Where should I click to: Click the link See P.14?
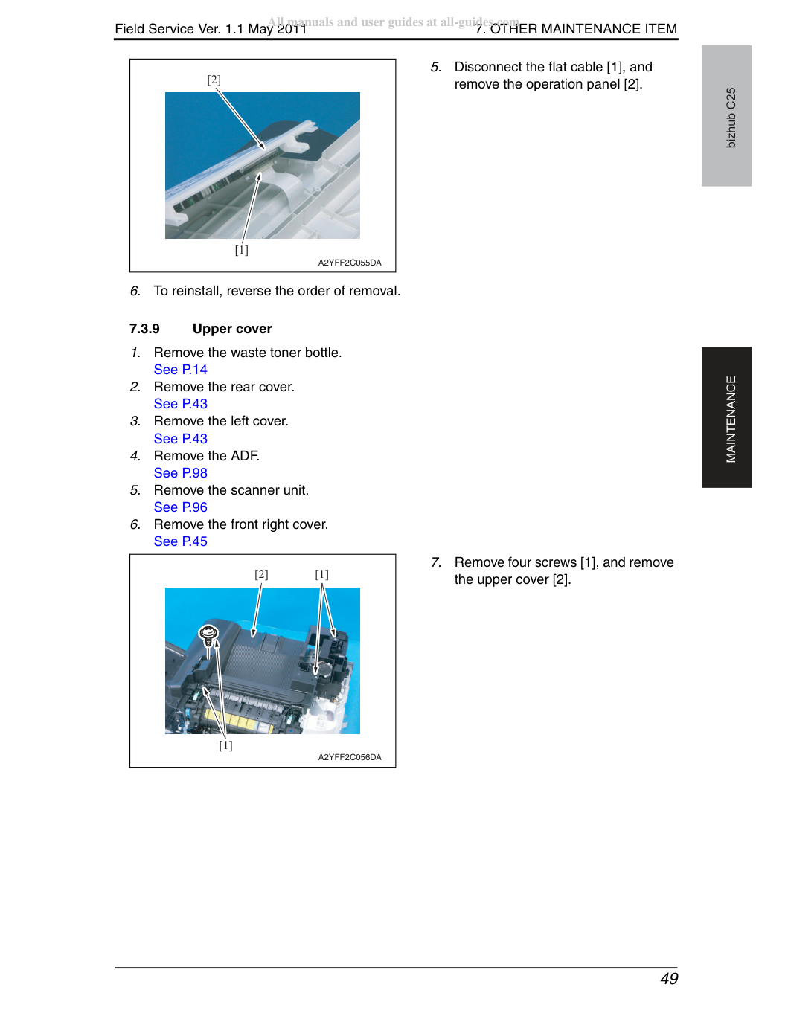point(180,370)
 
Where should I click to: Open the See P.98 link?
point(180,472)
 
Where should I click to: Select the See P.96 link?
point(180,507)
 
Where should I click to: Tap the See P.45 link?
point(180,541)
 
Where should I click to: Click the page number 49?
point(669,979)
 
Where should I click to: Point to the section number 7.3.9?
point(144,328)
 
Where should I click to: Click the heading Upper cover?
point(232,328)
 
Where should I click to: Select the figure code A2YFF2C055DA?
point(350,263)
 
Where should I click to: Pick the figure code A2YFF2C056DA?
point(350,757)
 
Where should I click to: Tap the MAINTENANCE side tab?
point(726,417)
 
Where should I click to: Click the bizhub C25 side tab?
point(726,116)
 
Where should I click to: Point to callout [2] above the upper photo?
point(214,80)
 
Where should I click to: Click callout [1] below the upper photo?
point(241,250)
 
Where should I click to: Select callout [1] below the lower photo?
point(225,745)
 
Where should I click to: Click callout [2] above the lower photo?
point(261,574)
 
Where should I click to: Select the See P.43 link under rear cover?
point(180,404)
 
